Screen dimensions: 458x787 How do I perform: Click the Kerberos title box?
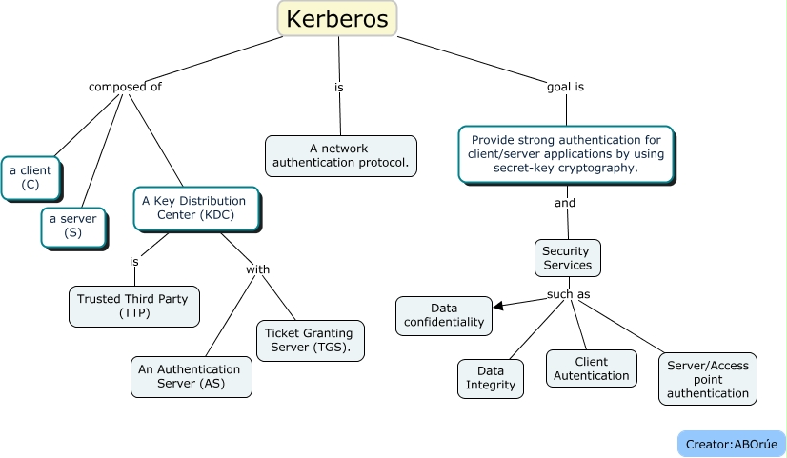337,19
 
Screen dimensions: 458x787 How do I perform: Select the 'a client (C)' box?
31,177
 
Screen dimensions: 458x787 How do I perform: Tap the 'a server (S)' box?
73,226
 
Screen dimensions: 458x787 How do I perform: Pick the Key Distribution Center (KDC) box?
193,208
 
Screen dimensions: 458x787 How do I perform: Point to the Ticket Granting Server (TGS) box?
308,340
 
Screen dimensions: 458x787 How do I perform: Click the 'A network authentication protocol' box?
340,155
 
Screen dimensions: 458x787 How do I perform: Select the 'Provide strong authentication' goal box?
566,153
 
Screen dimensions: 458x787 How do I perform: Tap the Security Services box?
566,258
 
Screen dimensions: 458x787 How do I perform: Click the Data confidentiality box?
444,315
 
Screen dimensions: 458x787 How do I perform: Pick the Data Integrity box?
490,378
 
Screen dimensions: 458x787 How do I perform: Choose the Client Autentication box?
591,368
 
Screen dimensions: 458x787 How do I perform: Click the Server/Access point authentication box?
707,379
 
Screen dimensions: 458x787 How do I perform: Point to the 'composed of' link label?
125,87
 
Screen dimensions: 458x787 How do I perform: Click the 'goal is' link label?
565,87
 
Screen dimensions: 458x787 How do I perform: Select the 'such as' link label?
568,294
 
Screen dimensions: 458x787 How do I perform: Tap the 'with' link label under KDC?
257,269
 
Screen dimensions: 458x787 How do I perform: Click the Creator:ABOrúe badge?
731,444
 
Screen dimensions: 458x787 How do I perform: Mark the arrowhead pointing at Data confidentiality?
498,305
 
